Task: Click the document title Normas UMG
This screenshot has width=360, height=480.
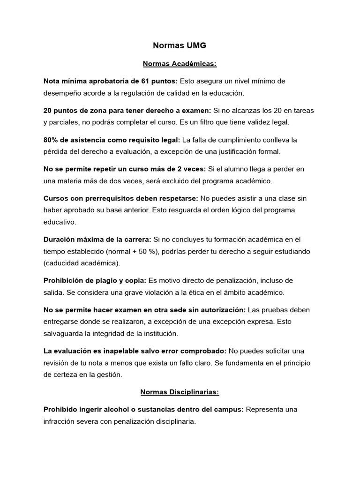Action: click(x=180, y=45)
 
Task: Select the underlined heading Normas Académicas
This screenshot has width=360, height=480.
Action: click(x=180, y=63)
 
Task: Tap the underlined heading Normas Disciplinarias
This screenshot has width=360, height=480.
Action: click(x=180, y=391)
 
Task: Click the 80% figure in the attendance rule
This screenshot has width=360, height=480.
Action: click(x=50, y=140)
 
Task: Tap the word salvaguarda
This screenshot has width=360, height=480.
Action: click(x=62, y=333)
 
